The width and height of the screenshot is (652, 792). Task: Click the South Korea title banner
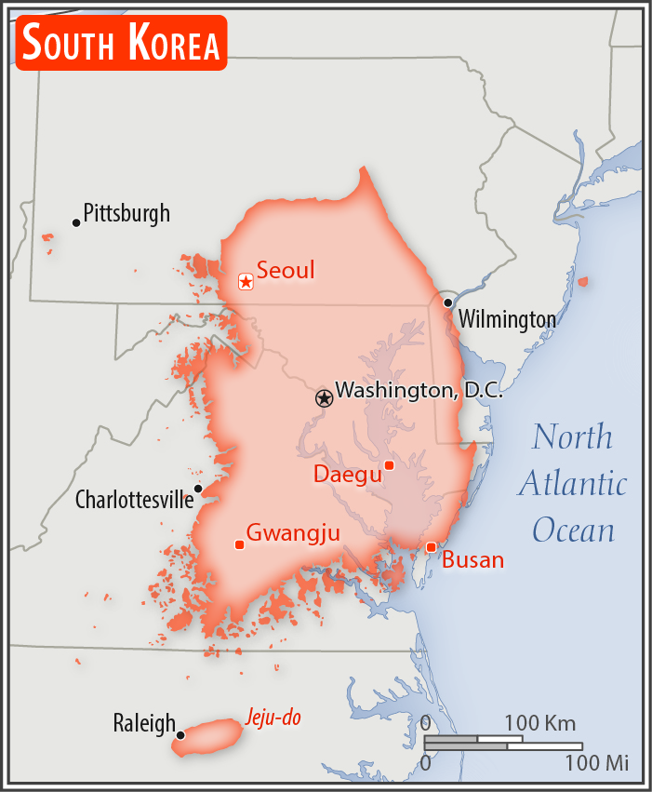pyautogui.click(x=121, y=43)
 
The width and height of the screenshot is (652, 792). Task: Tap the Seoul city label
pyautogui.click(x=286, y=271)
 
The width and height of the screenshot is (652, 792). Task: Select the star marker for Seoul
pyautogui.click(x=246, y=281)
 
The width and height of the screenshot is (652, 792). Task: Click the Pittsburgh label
pyautogui.click(x=126, y=213)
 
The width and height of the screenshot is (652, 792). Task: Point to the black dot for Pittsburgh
pyautogui.click(x=76, y=222)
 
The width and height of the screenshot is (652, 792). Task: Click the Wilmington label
pyautogui.click(x=507, y=320)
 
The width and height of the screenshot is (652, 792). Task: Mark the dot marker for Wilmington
pyautogui.click(x=448, y=302)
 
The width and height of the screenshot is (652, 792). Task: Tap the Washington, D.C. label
pyautogui.click(x=419, y=390)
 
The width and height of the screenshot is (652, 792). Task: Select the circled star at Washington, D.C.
pyautogui.click(x=324, y=398)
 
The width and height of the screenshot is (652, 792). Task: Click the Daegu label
pyautogui.click(x=348, y=475)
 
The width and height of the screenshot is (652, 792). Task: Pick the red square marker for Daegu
pyautogui.click(x=389, y=465)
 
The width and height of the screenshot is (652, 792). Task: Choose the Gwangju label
pyautogui.click(x=292, y=533)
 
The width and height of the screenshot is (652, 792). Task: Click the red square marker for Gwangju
pyautogui.click(x=240, y=544)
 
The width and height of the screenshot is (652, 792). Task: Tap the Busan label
pyautogui.click(x=472, y=560)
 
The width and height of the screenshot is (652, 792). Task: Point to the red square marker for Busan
pyautogui.click(x=431, y=546)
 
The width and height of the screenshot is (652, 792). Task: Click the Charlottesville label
pyautogui.click(x=134, y=500)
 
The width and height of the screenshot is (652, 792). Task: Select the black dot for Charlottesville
pyautogui.click(x=198, y=489)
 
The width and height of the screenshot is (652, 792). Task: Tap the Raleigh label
pyautogui.click(x=144, y=722)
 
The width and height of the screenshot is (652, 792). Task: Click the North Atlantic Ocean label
pyautogui.click(x=573, y=482)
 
